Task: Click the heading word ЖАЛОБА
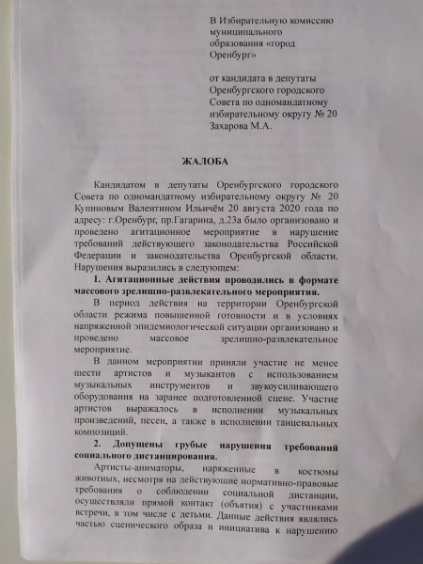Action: click(212, 161)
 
